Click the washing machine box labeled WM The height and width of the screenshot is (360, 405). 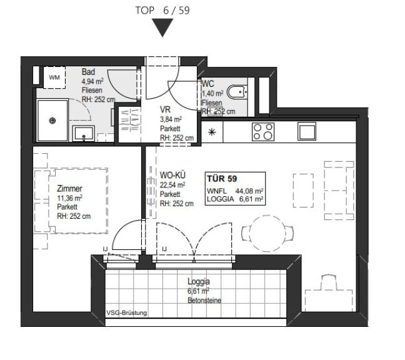pos(54,77)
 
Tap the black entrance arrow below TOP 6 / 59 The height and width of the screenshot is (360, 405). pos(162,27)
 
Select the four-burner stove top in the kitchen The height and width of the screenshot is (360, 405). pos(263,132)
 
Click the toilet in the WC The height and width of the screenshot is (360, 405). pos(237,92)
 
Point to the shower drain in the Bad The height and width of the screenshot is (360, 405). pos(52,121)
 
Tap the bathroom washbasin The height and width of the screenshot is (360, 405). pos(83,133)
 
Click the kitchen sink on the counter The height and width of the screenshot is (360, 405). pos(307,131)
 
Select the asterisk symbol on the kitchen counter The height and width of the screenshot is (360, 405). pos(212,132)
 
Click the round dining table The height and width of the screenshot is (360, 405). pos(267,234)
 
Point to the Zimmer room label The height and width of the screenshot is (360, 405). pos(69,189)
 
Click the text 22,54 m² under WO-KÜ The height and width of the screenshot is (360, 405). pos(172,185)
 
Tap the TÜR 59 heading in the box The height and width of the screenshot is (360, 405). pos(222,179)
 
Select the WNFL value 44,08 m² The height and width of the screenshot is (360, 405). pos(249,191)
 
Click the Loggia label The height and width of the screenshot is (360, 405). pos(199,281)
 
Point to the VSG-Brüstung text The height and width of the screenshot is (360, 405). pos(126,313)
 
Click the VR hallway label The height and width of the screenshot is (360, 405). pos(165,109)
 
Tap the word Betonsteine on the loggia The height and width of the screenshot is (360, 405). pos(204,301)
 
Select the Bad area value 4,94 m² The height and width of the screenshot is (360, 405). pos(92,82)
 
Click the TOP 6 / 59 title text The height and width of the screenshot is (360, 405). pos(162,11)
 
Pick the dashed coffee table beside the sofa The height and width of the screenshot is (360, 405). pos(303,191)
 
